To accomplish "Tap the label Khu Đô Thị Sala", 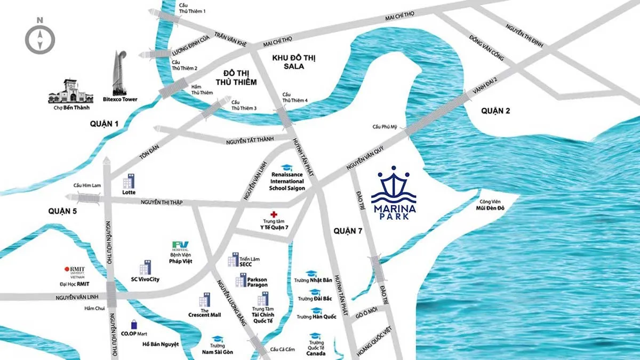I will coord(294,61).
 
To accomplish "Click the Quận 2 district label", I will coord(495,111).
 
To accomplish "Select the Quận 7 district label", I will coord(348,230).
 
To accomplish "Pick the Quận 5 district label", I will coord(62,211).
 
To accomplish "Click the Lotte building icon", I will coord(129,181).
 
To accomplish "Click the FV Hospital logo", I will coord(177,247).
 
